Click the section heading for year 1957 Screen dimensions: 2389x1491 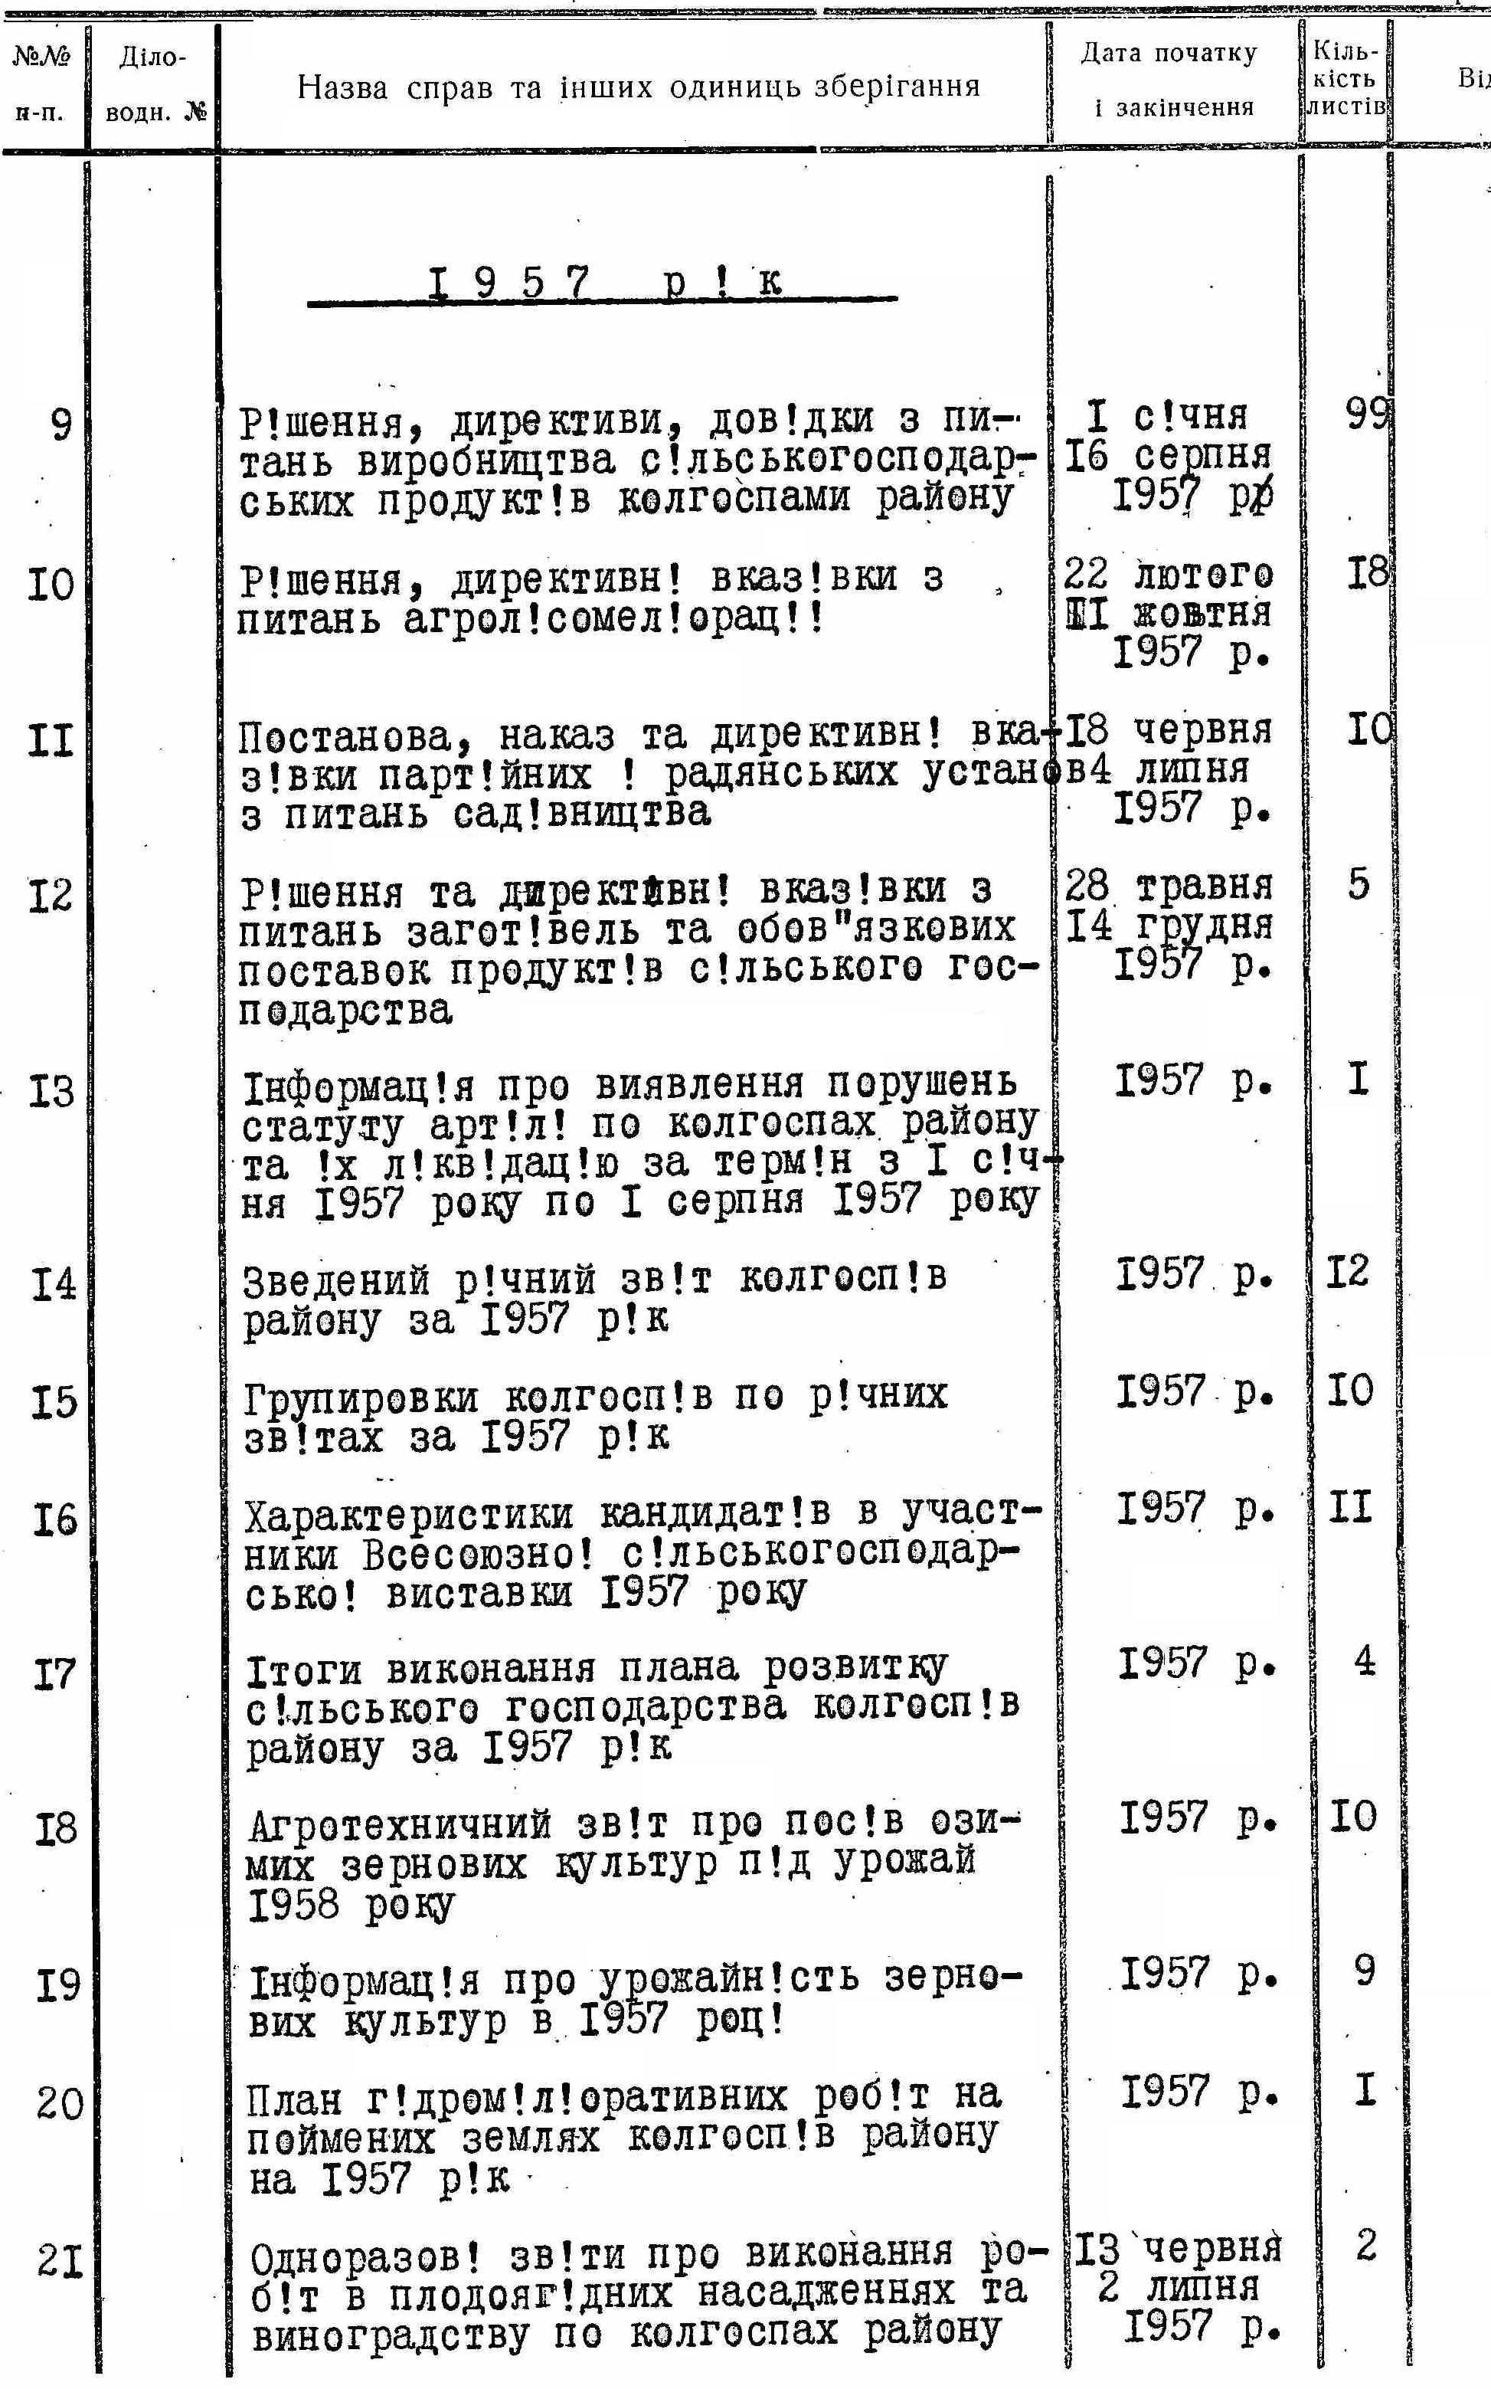point(603,284)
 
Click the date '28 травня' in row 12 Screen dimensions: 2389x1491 point(1169,886)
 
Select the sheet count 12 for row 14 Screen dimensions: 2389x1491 point(1347,1273)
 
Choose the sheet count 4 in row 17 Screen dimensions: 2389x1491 point(1364,1662)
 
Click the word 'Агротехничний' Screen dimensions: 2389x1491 point(400,1827)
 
